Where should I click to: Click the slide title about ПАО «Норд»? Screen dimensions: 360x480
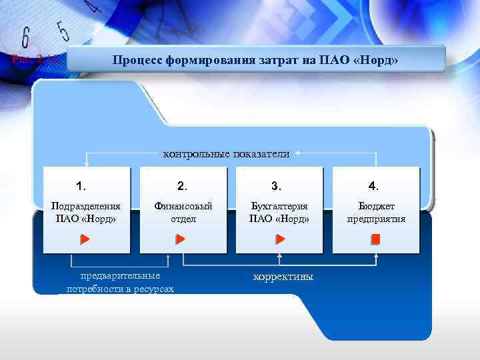(x=255, y=61)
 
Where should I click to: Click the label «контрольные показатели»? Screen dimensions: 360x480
(x=227, y=154)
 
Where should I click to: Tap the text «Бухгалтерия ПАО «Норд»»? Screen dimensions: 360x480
(x=279, y=213)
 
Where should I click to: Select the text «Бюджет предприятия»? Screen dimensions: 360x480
(x=376, y=213)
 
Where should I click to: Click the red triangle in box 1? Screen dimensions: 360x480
(x=85, y=239)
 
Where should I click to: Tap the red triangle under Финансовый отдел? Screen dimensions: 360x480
(x=181, y=239)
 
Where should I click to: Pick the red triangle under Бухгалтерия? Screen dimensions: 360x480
(x=281, y=239)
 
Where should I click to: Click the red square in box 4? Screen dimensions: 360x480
(x=375, y=239)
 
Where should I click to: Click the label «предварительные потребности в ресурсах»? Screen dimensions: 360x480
(x=120, y=282)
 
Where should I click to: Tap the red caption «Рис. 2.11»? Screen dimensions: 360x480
(x=36, y=60)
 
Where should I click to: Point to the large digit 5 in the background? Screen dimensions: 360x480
(x=63, y=31)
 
